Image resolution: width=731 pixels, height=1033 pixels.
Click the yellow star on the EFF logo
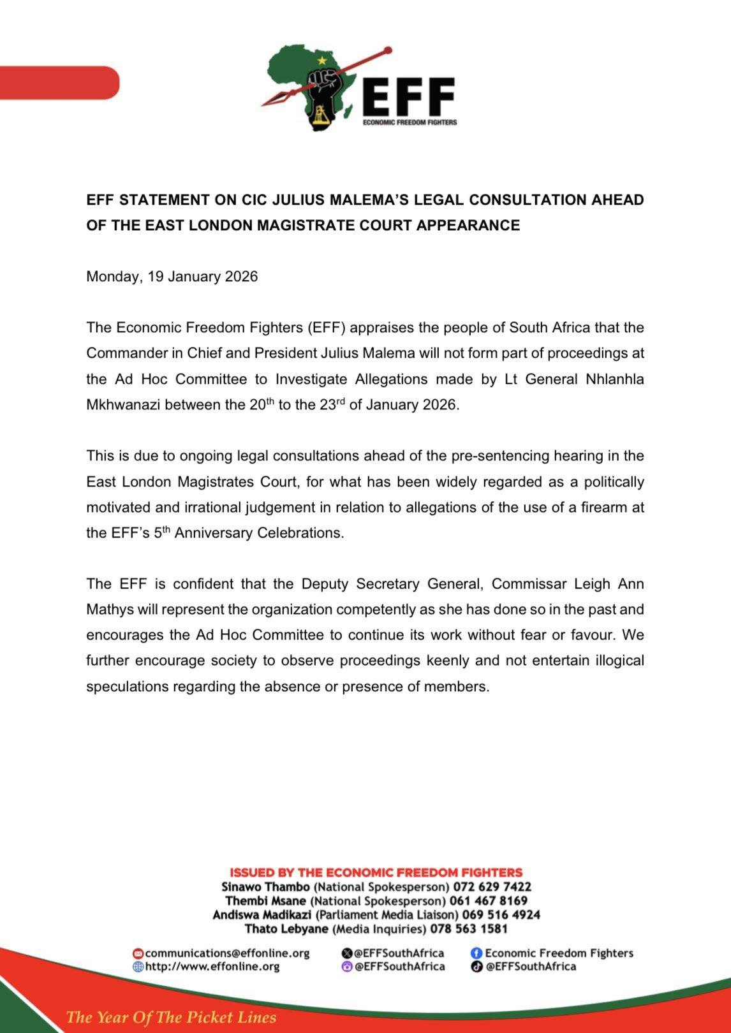coord(322,61)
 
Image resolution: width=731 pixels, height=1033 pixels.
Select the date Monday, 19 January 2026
coord(172,277)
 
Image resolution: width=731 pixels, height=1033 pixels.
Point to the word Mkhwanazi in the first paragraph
coord(123,405)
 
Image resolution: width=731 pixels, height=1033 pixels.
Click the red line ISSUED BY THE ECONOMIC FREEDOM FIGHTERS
coord(376,872)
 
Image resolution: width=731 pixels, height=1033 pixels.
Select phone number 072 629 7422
coord(492,887)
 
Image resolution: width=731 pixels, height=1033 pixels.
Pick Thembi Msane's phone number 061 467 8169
coord(488,901)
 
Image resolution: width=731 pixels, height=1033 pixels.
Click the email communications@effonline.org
coord(227,953)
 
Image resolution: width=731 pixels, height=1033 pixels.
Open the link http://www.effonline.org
coord(212,967)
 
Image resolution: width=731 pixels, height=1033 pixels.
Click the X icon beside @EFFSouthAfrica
coord(347,953)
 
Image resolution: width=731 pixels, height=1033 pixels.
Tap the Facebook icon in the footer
coord(476,953)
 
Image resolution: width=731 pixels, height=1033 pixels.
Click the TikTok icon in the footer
coord(476,967)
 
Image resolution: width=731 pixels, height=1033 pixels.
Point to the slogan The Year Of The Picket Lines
coord(171,1017)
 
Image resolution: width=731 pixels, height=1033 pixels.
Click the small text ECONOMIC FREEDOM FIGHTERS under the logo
coord(410,122)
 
